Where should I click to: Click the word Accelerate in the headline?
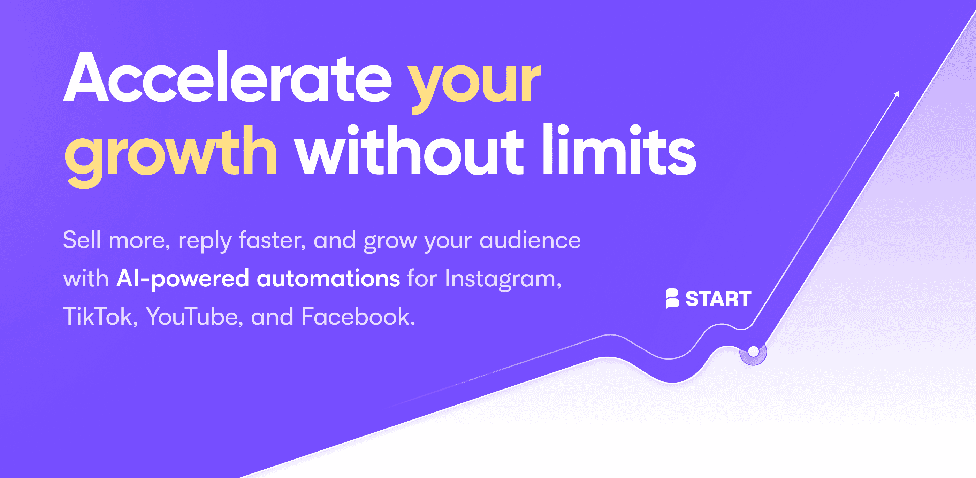click(x=227, y=78)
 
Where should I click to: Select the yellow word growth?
click(x=170, y=153)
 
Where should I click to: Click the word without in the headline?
click(x=409, y=152)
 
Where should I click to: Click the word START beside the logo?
click(x=718, y=299)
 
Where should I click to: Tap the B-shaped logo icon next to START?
click(x=672, y=299)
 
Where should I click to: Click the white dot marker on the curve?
click(x=753, y=352)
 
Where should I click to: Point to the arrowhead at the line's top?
click(x=897, y=94)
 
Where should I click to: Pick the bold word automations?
click(x=328, y=278)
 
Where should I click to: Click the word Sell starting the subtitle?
click(x=82, y=240)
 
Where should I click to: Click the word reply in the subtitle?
click(x=205, y=241)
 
